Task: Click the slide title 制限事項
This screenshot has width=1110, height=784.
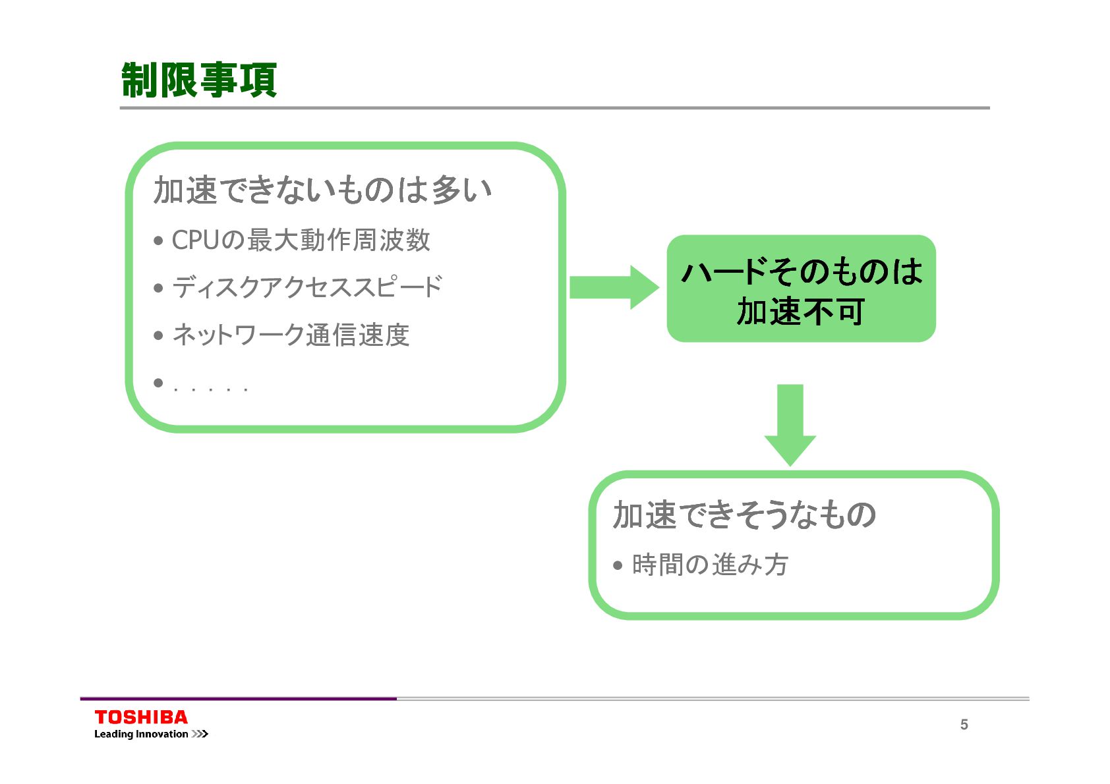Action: (199, 80)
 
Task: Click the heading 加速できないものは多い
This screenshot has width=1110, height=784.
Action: (322, 190)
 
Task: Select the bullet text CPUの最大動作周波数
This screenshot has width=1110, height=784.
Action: (301, 240)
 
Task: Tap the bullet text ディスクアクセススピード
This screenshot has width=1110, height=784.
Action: (307, 287)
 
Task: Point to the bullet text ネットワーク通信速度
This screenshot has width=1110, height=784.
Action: (291, 335)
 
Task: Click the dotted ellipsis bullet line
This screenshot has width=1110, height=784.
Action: (210, 389)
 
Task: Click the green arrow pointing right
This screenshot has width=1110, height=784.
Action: (613, 287)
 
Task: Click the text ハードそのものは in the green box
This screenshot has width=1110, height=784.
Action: (802, 271)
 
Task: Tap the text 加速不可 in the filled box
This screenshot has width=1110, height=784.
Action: (800, 312)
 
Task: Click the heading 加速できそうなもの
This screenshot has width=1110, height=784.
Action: (744, 515)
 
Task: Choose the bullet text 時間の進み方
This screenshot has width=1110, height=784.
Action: (710, 565)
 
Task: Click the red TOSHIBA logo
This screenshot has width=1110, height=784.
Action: (141, 717)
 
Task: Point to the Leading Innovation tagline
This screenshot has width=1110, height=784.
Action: (141, 734)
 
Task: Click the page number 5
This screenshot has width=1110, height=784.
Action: (964, 725)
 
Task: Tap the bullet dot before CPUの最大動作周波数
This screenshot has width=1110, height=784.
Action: (158, 241)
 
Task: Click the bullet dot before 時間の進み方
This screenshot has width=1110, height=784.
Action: (618, 565)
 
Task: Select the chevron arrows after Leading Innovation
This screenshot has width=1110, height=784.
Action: (200, 734)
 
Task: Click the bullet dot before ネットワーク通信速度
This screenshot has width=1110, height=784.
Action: (158, 335)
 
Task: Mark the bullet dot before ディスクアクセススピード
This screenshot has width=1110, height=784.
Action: (158, 288)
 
